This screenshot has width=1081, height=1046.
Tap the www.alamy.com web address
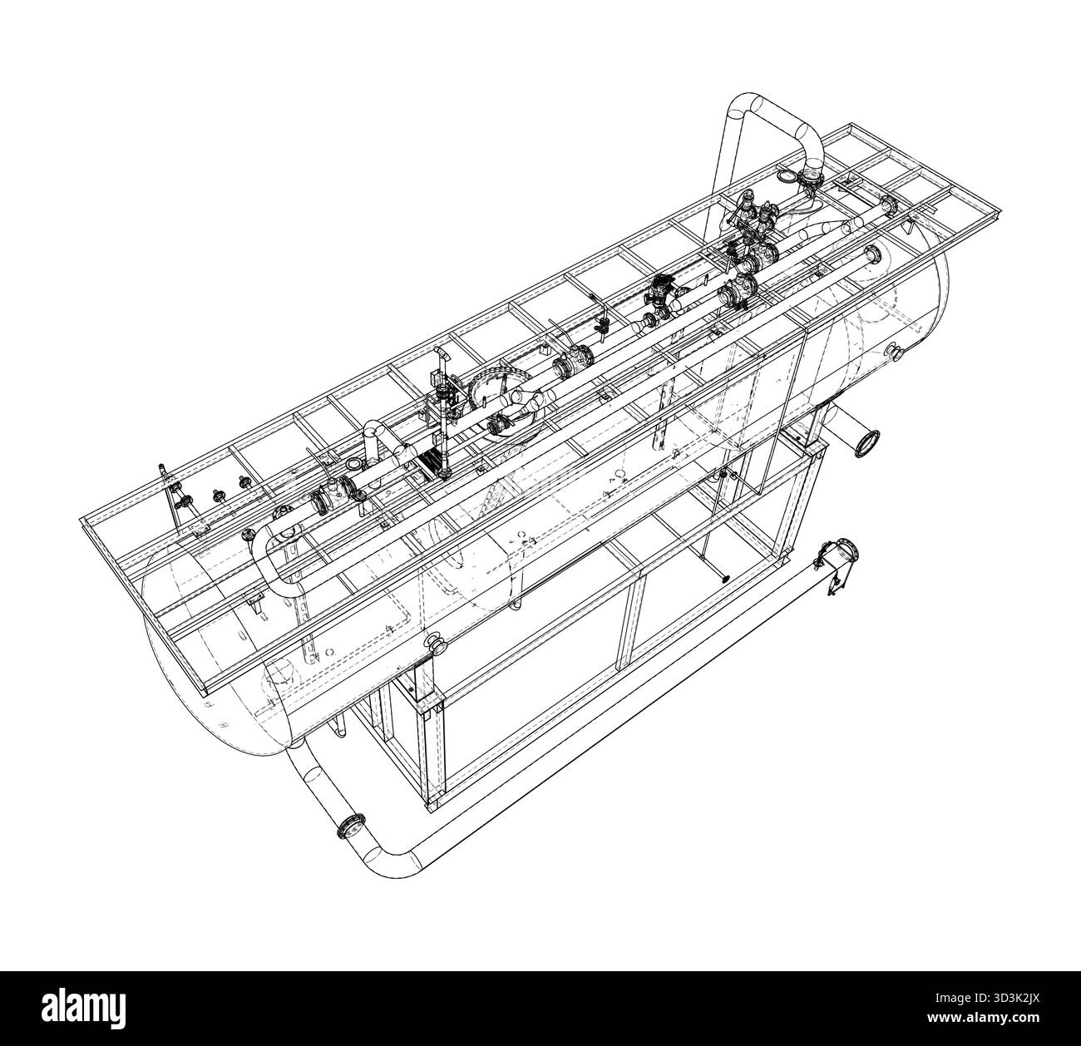pos(980,1020)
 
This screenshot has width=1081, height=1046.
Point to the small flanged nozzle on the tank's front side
pos(434,642)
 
